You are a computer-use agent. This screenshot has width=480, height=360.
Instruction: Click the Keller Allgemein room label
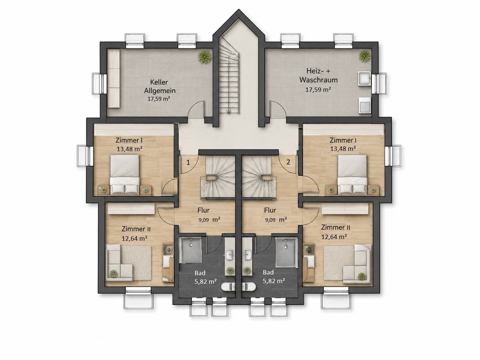(160, 86)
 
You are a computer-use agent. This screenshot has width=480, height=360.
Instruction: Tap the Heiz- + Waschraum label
(318, 75)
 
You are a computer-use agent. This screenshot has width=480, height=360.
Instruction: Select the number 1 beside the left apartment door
(188, 162)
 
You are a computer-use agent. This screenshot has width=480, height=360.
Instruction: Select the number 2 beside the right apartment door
(288, 162)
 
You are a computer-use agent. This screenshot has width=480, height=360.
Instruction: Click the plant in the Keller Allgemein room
(205, 57)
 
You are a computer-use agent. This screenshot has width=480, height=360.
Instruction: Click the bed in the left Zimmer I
(125, 174)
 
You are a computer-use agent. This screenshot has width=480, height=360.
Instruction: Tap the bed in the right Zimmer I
(352, 174)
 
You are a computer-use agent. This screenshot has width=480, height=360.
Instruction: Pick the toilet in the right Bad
(248, 286)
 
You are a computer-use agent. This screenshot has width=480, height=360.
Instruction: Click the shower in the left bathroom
(190, 251)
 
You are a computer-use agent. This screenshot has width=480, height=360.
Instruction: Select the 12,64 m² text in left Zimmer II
(134, 238)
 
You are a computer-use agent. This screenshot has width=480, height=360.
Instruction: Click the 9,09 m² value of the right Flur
(276, 220)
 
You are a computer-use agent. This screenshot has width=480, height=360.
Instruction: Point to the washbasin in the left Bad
(229, 254)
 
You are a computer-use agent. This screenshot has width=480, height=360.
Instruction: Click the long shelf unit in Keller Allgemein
(114, 78)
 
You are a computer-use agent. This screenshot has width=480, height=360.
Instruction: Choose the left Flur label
(204, 210)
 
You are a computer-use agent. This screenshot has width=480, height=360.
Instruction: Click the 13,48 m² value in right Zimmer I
(343, 149)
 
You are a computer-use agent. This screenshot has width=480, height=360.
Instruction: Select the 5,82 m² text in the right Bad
(274, 281)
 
